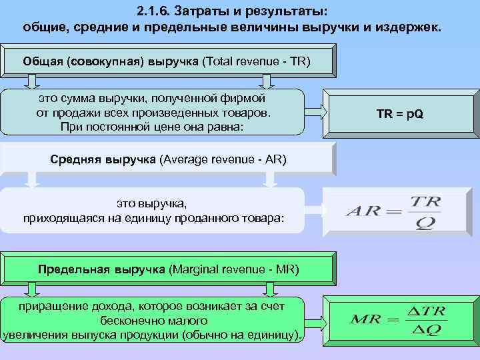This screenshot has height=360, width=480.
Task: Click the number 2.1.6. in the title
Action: tap(153, 12)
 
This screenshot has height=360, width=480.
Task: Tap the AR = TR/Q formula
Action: tap(393, 213)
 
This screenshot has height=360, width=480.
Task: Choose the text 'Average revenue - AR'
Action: tap(223, 160)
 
